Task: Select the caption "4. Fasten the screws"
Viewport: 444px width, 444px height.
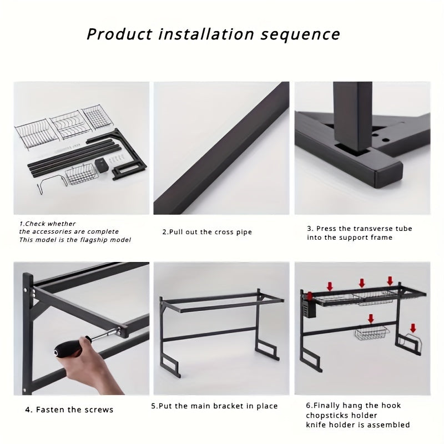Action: [x=69, y=410]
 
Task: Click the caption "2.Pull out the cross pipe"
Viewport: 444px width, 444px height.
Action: [x=207, y=232]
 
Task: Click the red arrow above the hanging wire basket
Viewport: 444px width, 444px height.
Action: [x=371, y=319]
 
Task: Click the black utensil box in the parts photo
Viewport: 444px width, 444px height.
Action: [x=102, y=164]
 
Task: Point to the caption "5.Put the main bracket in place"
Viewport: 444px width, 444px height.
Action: [x=214, y=406]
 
